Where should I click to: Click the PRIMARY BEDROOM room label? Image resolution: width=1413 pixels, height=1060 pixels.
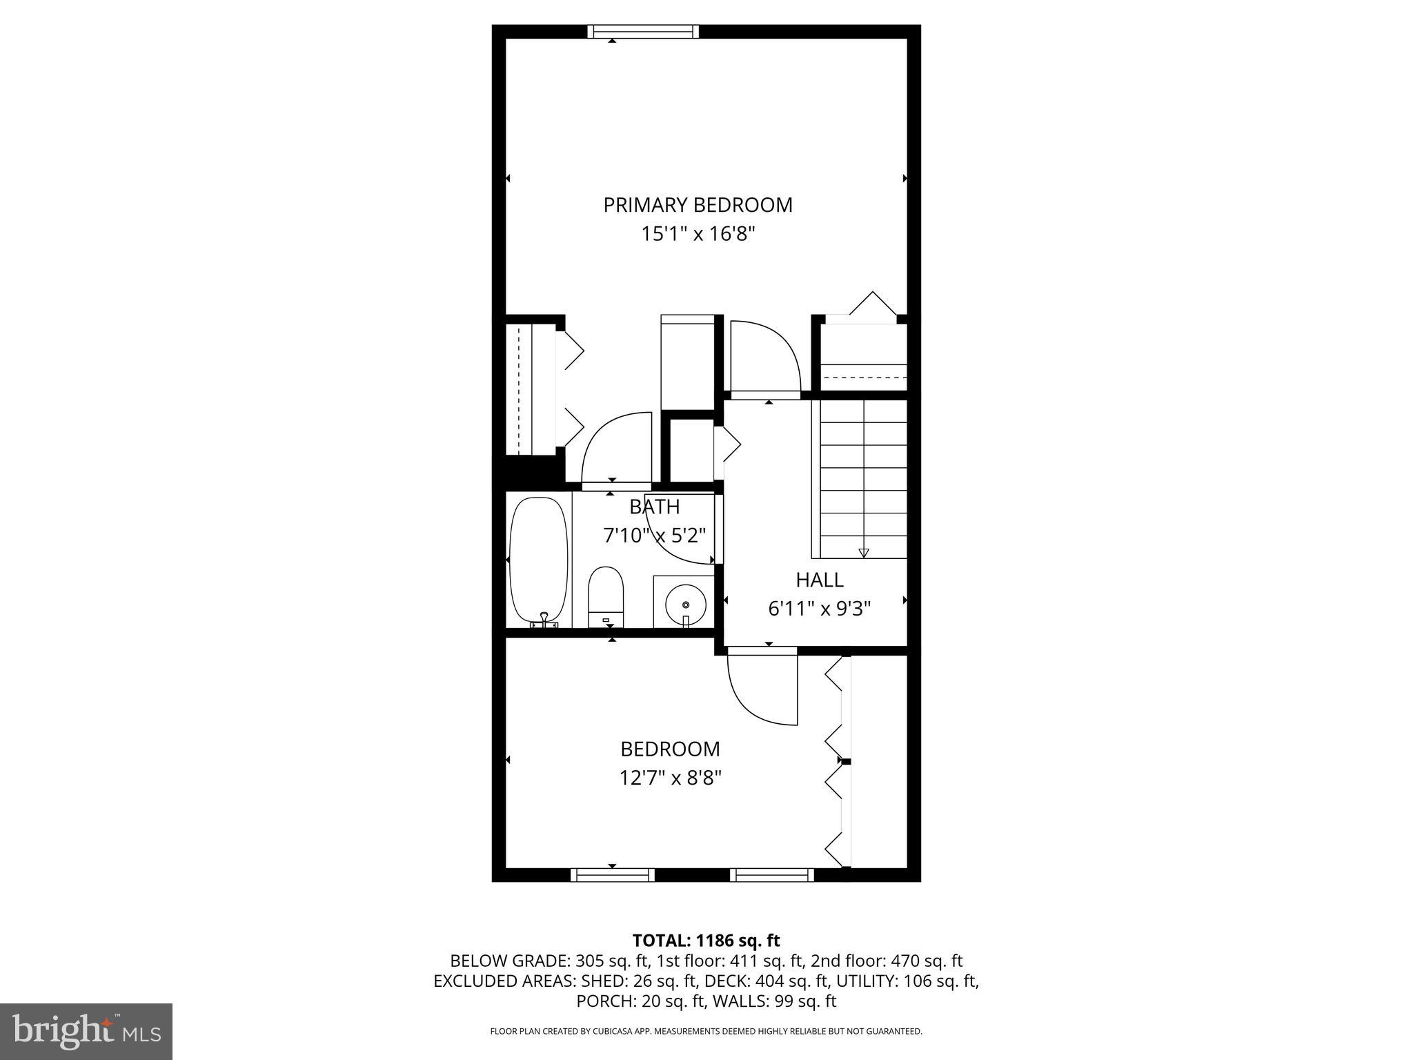pyautogui.click(x=698, y=205)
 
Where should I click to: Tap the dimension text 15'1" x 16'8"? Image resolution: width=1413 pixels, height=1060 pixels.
pyautogui.click(x=698, y=235)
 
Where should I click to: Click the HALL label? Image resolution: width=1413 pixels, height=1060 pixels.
pyautogui.click(x=819, y=580)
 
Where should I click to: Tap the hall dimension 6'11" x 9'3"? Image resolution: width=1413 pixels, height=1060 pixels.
pyautogui.click(x=819, y=609)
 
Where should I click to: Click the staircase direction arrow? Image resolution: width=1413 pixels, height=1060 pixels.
pyautogui.click(x=863, y=552)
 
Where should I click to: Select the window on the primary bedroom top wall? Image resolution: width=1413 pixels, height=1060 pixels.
pyautogui.click(x=643, y=32)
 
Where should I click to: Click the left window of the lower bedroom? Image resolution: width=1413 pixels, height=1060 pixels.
pyautogui.click(x=612, y=875)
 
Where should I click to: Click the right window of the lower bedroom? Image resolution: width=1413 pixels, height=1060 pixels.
pyautogui.click(x=771, y=875)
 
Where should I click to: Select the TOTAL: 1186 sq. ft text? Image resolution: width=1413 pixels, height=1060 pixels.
pyautogui.click(x=706, y=941)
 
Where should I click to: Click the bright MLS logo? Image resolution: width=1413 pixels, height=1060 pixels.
pyautogui.click(x=86, y=1031)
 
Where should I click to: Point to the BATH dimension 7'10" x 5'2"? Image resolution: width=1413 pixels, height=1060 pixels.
pyautogui.click(x=654, y=536)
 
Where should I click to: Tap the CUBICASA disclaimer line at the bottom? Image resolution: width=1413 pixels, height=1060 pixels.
pyautogui.click(x=706, y=1032)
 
